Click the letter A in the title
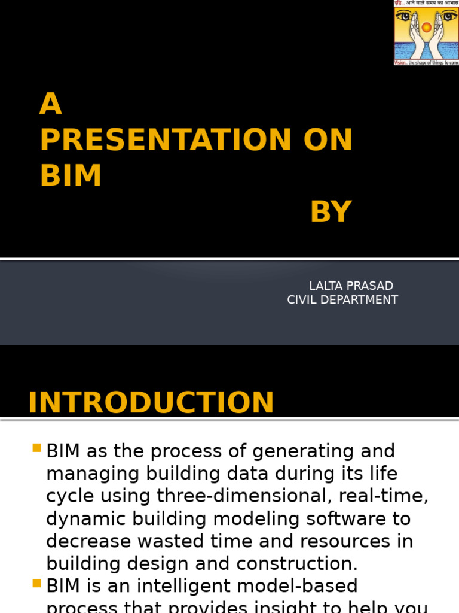[51, 104]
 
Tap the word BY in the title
[331, 212]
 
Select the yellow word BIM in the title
[71, 175]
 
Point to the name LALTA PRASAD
[351, 286]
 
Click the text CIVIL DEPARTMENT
[342, 299]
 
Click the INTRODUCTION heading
[151, 402]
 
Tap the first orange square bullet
[37, 448]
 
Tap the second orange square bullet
[37, 582]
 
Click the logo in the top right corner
[426, 32]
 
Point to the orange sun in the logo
[426, 27]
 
